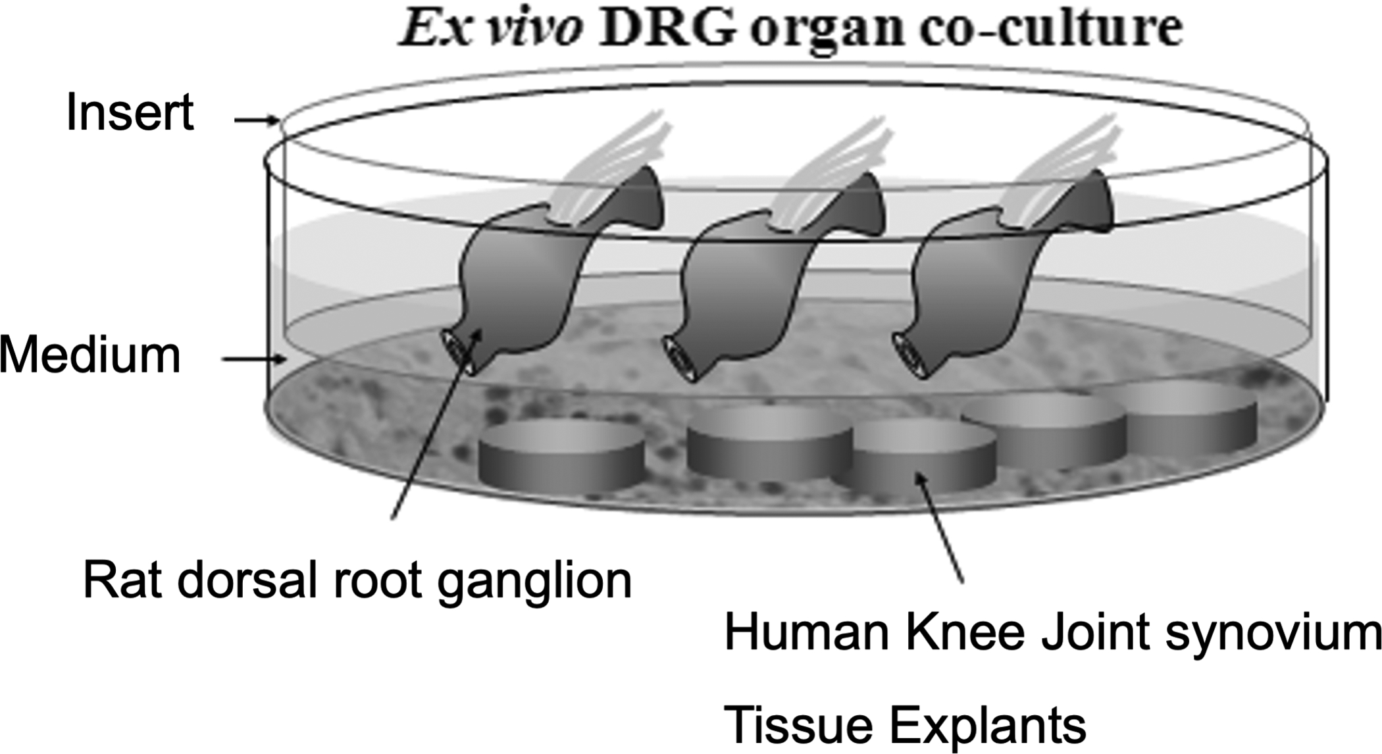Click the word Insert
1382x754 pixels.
130,113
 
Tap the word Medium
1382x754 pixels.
90,355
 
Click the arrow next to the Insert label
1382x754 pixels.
257,120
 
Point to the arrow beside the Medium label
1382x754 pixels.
254,359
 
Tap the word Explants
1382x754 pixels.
987,725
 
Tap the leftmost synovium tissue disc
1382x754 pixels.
561,457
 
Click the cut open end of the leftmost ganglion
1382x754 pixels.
458,352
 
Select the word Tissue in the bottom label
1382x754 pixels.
799,725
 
